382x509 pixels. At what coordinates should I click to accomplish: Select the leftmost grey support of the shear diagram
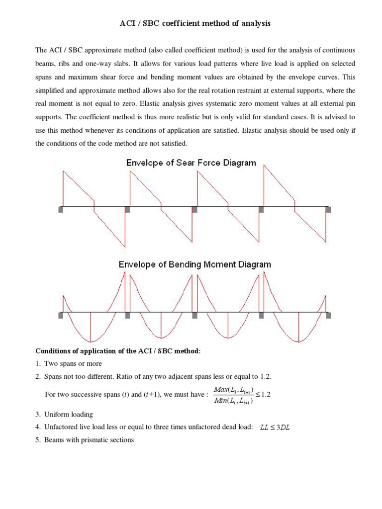coord(61,210)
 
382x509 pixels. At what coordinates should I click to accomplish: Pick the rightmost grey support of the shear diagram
coord(327,210)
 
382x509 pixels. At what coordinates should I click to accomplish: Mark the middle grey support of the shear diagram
coord(194,210)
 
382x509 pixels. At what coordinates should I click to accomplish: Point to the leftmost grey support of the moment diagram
coord(61,315)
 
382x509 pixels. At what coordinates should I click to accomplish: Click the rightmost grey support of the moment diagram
coord(327,315)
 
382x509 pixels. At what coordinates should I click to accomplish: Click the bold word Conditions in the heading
coord(53,351)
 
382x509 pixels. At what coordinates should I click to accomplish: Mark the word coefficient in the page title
coord(175,23)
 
